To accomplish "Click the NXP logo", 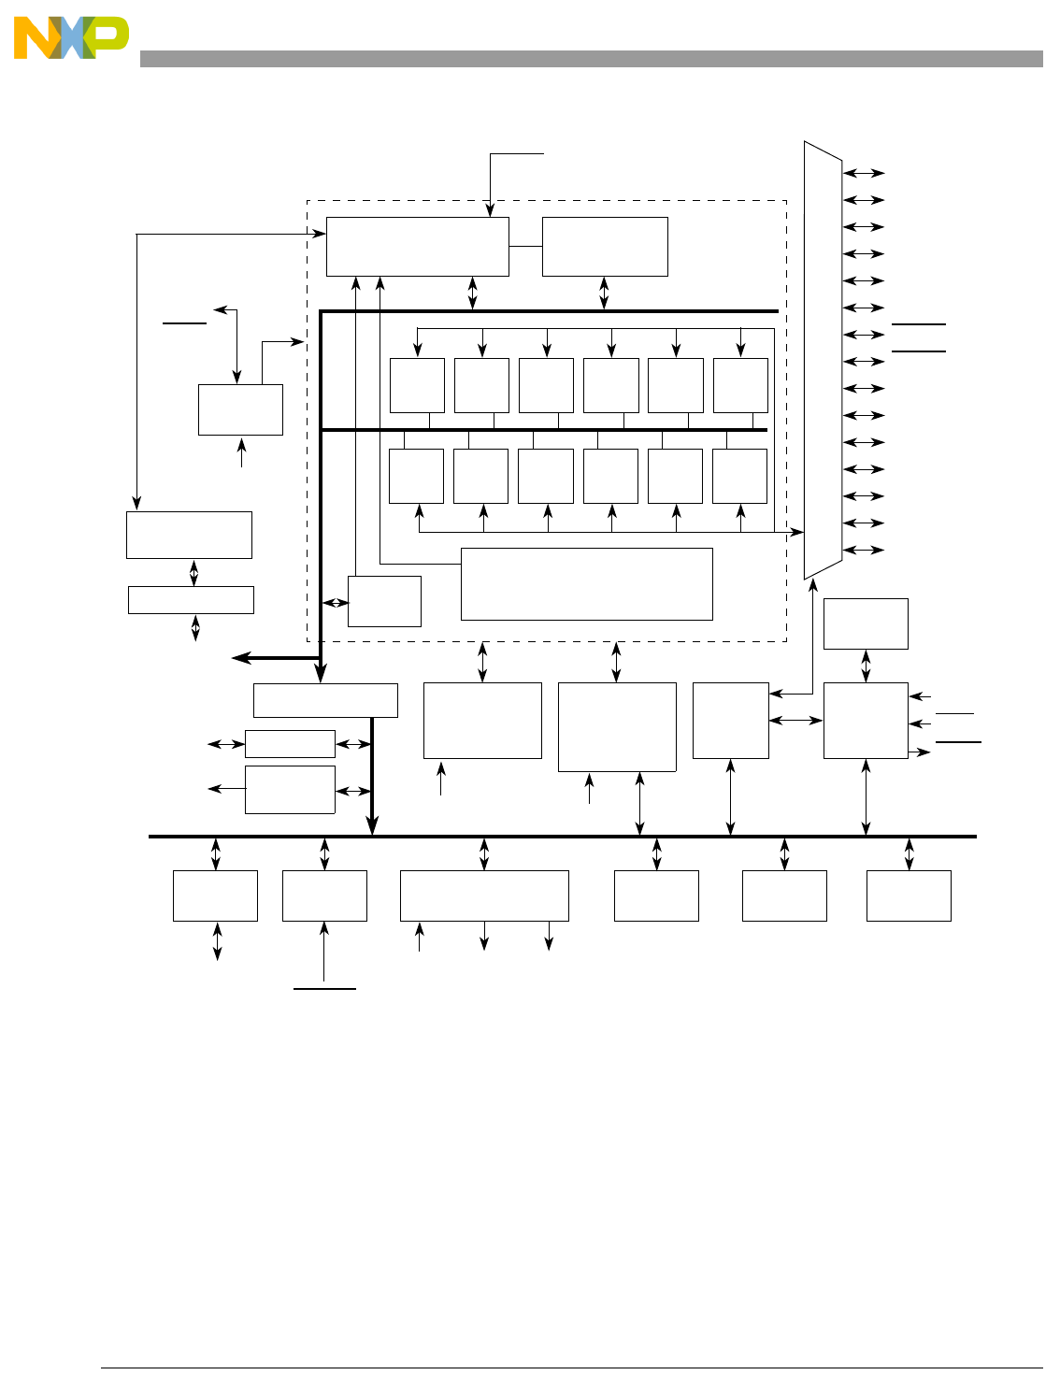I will pyautogui.click(x=70, y=38).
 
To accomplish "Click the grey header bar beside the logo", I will pyautogui.click(x=591, y=59).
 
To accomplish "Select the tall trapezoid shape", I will pyautogui.click(x=823, y=361).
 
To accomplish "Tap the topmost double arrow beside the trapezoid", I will pyautogui.click(x=864, y=173).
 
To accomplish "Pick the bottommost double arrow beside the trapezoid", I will pyautogui.click(x=864, y=550).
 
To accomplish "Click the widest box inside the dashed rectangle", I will pyautogui.click(x=586, y=584).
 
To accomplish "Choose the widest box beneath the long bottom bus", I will pyautogui.click(x=484, y=895).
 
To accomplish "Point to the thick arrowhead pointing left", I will pyautogui.click(x=241, y=658).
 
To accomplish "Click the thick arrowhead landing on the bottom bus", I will pyautogui.click(x=372, y=825).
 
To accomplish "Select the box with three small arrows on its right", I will pyautogui.click(x=866, y=720).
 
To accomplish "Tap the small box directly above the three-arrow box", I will pyautogui.click(x=866, y=623).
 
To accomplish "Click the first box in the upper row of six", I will pyautogui.click(x=417, y=385).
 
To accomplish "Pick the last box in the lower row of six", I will pyautogui.click(x=739, y=476).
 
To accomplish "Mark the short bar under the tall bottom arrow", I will pyautogui.click(x=324, y=987).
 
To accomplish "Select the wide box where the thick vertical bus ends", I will pyautogui.click(x=325, y=700).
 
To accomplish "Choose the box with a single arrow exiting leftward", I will pyautogui.click(x=290, y=790).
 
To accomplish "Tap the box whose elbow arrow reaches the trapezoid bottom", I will pyautogui.click(x=730, y=720).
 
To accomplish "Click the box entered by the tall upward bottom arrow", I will pyautogui.click(x=324, y=895).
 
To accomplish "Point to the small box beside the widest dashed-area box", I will pyautogui.click(x=384, y=601).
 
